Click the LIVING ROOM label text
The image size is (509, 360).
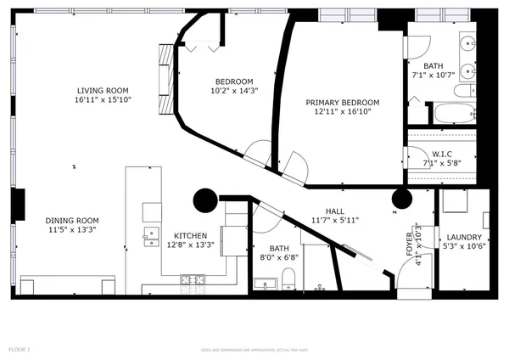pos(103,90)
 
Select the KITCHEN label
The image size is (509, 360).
pos(191,235)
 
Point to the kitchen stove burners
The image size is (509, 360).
pos(192,278)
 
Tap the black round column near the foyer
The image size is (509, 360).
pos(401,200)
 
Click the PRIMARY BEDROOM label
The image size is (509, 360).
pos(343,102)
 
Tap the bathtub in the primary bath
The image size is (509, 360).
pos(456,112)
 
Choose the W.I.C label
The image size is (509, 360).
pos(441,154)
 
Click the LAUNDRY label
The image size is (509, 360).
pos(465,237)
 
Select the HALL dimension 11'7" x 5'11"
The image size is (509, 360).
pos(334,220)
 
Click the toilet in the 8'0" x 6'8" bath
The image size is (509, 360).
pos(288,278)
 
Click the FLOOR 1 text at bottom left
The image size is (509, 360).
pos(20,349)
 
